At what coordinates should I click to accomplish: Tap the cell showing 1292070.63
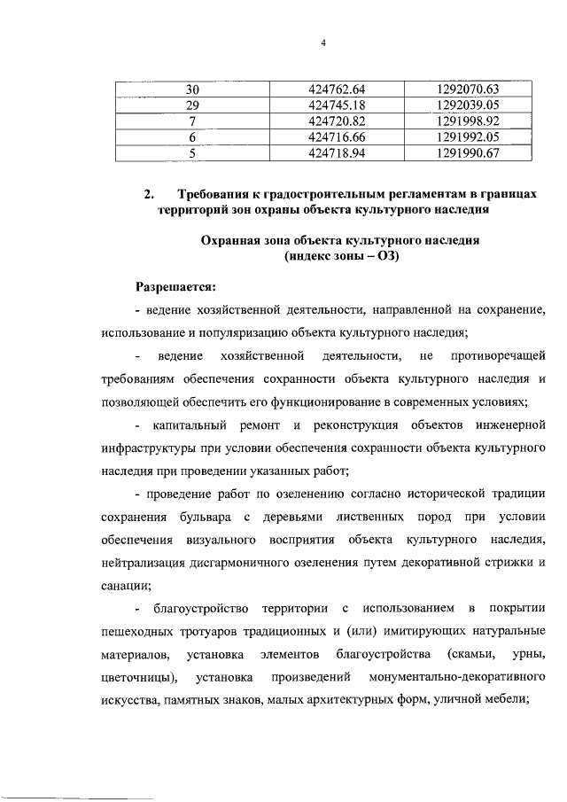(x=469, y=89)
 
